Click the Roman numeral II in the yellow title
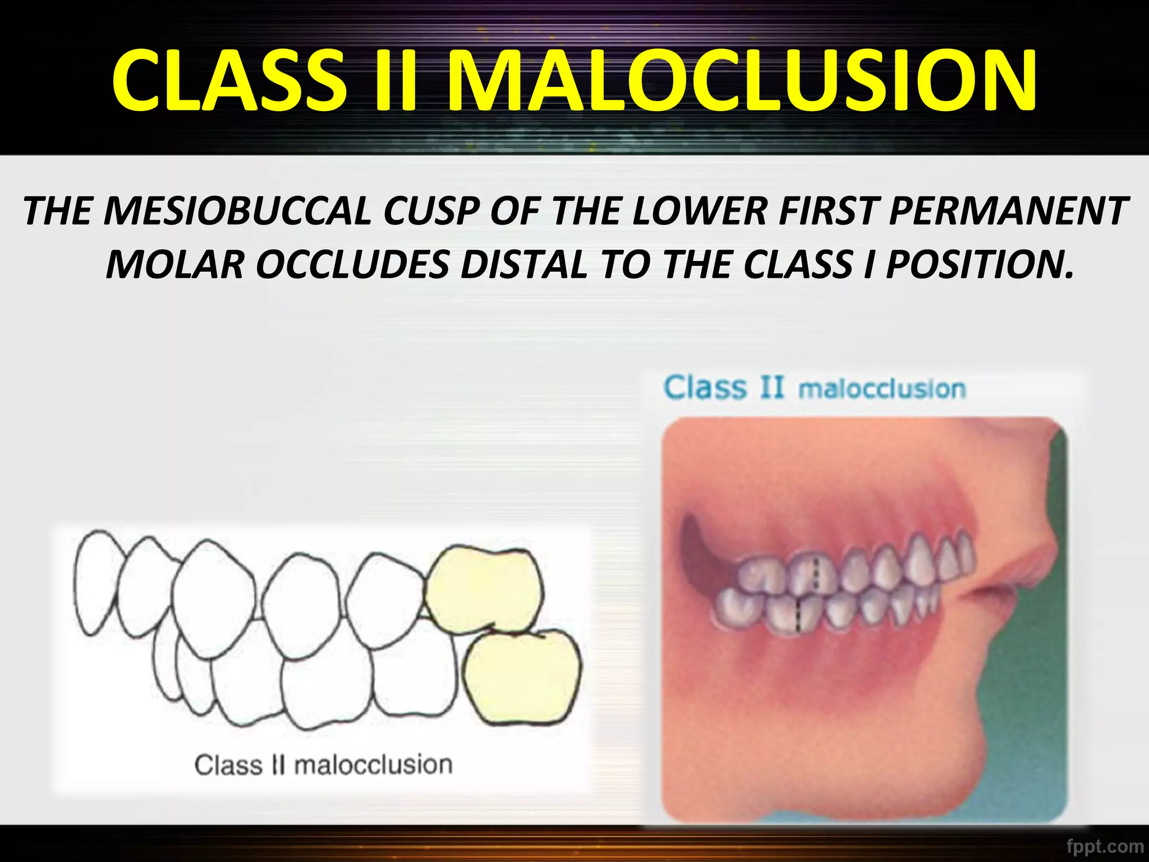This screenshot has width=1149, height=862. [x=395, y=80]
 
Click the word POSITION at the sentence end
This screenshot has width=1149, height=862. [x=979, y=265]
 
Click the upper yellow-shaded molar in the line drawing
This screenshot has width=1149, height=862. [x=484, y=589]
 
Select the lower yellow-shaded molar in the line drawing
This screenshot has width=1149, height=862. [x=522, y=676]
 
